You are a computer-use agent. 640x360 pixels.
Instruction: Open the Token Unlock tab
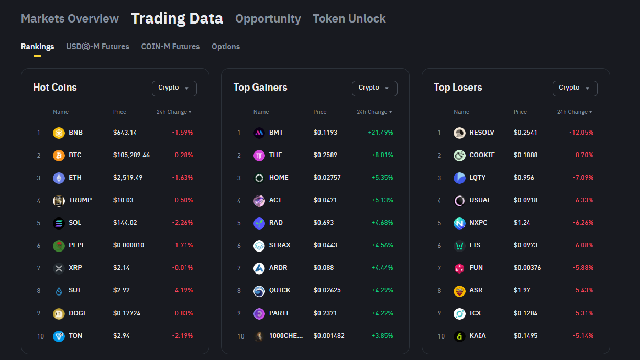(x=349, y=19)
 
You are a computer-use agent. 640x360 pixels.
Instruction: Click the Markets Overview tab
(x=70, y=19)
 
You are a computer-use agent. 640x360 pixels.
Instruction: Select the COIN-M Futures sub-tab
(x=170, y=47)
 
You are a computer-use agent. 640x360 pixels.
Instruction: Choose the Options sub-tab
(x=226, y=47)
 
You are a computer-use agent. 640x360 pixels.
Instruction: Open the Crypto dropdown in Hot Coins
(x=174, y=88)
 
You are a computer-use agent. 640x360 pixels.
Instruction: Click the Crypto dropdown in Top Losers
(x=575, y=88)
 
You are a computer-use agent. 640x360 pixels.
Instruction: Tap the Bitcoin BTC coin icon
(x=59, y=156)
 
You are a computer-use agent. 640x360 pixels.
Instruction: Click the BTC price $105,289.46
(x=131, y=155)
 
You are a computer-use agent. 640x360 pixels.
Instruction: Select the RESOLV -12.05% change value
(x=581, y=133)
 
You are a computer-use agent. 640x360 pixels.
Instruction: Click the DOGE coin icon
(x=59, y=314)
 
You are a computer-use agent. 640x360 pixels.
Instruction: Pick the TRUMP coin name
(x=80, y=200)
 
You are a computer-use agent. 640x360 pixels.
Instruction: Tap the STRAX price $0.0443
(x=325, y=245)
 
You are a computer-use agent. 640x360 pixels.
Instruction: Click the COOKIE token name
(x=482, y=155)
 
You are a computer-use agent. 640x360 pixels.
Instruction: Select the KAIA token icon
(x=459, y=336)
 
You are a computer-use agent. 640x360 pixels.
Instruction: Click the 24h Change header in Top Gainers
(x=374, y=112)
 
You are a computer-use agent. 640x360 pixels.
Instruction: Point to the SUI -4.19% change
(x=183, y=290)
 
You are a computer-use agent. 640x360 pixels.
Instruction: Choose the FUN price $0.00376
(x=527, y=268)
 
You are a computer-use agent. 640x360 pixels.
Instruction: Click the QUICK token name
(x=280, y=290)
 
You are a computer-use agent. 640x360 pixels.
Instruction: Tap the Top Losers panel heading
(x=458, y=88)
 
